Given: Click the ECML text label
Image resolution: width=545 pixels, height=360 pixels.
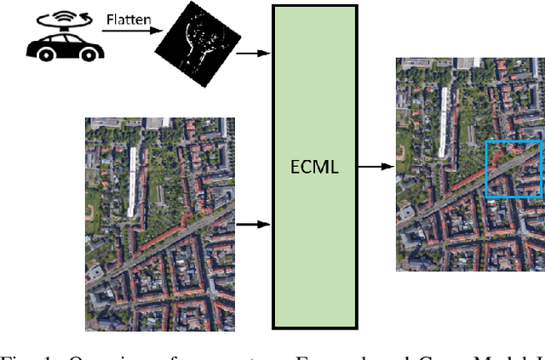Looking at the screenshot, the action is click(314, 167).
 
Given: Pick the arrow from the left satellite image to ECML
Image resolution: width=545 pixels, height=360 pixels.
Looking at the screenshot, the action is click(252, 225).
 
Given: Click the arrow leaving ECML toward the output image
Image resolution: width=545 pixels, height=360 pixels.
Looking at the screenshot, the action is click(370, 166).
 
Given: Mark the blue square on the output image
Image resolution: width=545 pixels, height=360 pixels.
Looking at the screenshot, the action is click(513, 169).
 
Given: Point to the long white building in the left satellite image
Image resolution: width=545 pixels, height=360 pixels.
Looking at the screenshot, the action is click(132, 179).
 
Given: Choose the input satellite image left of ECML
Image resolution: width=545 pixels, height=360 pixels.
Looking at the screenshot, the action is click(159, 224).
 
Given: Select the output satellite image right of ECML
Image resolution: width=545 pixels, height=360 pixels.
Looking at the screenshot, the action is click(469, 164).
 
